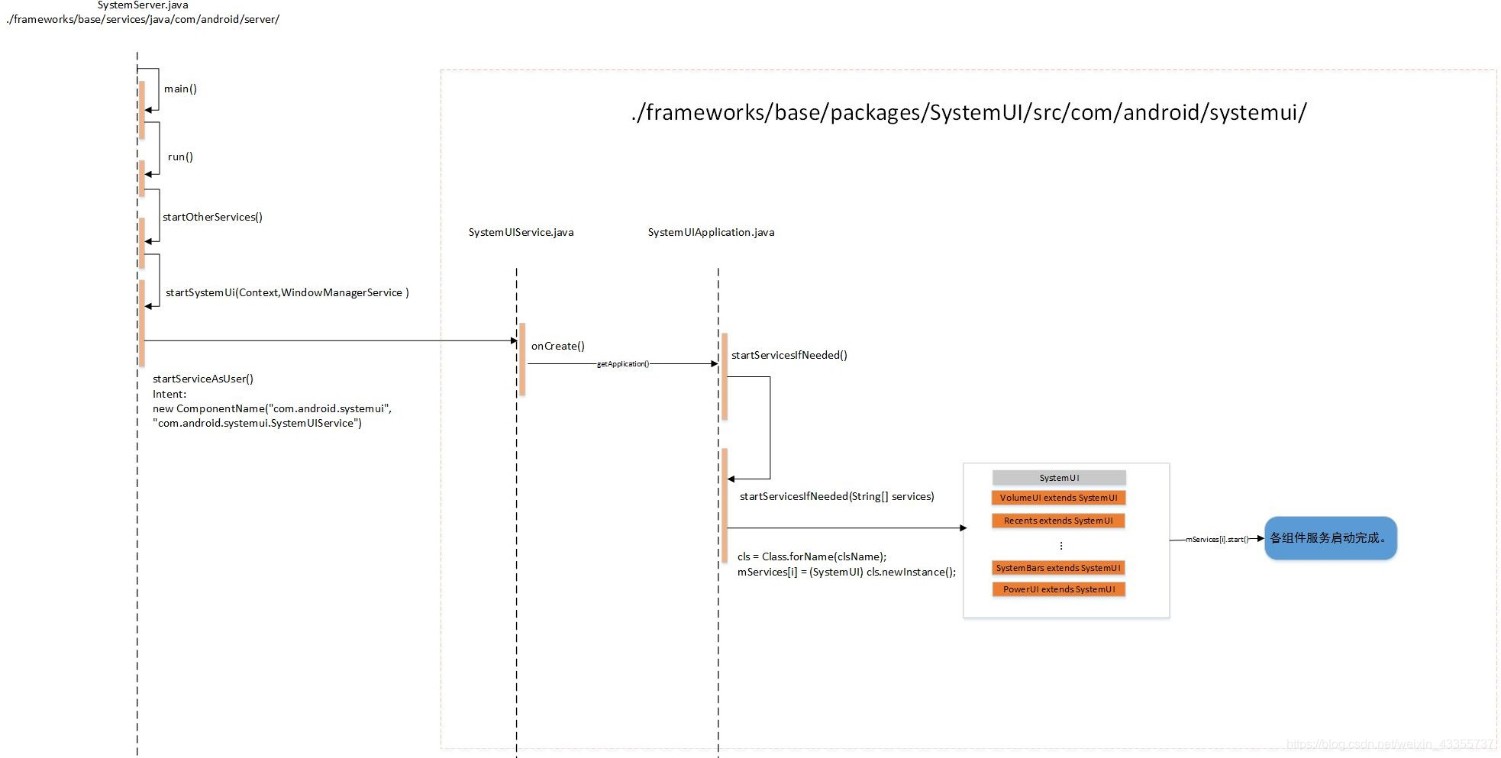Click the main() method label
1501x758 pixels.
tap(180, 89)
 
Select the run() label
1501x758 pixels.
tap(180, 156)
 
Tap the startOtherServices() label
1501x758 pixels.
tap(212, 217)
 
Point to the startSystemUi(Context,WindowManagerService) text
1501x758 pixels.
tap(287, 292)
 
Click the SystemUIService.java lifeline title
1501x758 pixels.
tap(521, 232)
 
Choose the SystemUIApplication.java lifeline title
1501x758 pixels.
tap(711, 232)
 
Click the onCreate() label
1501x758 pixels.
tap(557, 346)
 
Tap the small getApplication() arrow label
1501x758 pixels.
tap(623, 364)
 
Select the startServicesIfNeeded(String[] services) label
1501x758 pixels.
tap(837, 496)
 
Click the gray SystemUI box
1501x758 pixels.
tap(1059, 478)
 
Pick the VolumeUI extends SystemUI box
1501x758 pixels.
tap(1058, 498)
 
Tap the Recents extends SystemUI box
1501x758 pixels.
tap(1058, 521)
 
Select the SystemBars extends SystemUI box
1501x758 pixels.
tap(1058, 568)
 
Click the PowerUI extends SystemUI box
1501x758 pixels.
tap(1058, 589)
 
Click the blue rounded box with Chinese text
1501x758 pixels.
tap(1330, 538)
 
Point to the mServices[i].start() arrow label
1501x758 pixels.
tap(1217, 540)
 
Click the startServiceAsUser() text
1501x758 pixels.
tap(203, 379)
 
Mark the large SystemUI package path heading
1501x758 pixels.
tap(969, 113)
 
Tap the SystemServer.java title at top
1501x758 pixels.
tap(143, 5)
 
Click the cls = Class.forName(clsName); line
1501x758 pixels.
tap(812, 556)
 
